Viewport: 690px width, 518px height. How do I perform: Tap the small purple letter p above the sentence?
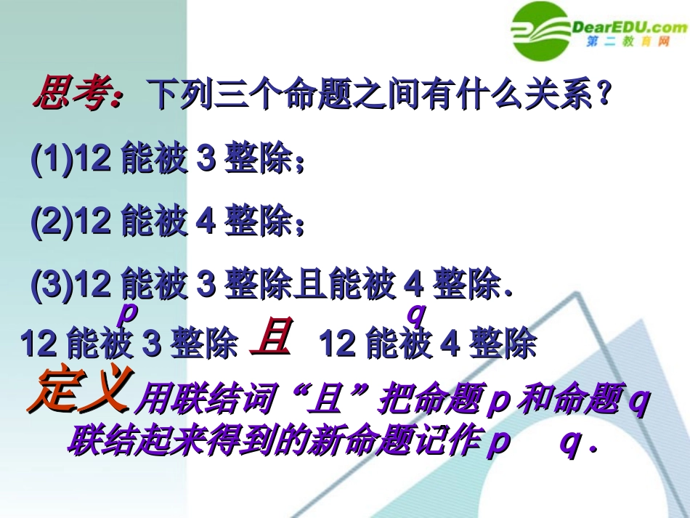pyautogui.click(x=127, y=314)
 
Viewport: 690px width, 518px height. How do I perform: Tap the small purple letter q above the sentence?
pyautogui.click(x=415, y=314)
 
